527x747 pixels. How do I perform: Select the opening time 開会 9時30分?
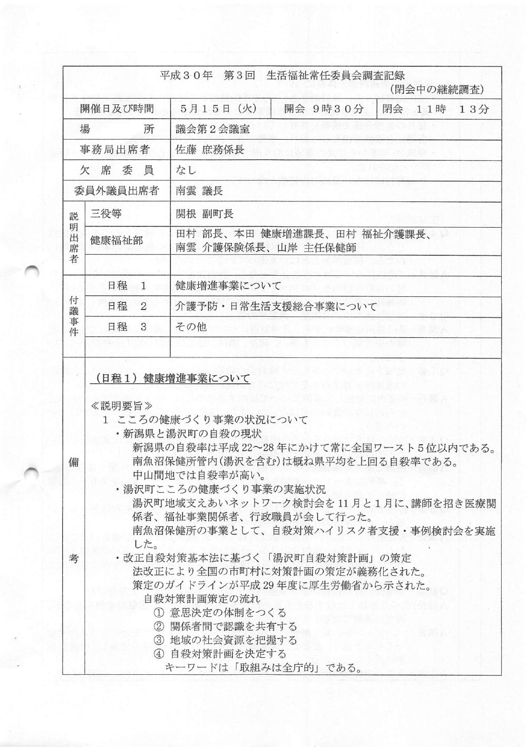pos(324,109)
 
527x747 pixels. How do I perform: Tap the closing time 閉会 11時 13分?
pos(436,109)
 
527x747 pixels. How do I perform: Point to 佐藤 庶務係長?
pos(210,150)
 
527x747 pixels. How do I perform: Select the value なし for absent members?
pos(186,170)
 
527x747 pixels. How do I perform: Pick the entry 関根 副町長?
pos(204,214)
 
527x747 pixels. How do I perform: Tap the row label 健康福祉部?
pos(116,240)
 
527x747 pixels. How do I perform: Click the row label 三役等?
pos(107,214)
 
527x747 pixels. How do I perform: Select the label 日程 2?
pos(127,306)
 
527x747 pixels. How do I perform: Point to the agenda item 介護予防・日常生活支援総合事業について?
pos(276,306)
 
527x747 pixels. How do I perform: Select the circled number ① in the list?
pos(159,613)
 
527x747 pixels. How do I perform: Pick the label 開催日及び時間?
pos(117,109)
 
